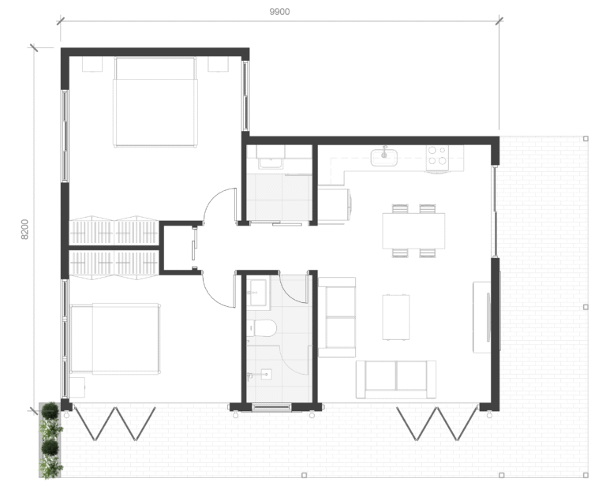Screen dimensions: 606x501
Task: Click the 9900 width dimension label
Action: pos(279,12)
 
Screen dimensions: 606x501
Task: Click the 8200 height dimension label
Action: pos(24,230)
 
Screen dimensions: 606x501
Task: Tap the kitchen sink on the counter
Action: pos(384,157)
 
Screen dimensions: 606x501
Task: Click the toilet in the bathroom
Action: pos(262,328)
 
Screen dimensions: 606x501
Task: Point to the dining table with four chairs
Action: pos(413,231)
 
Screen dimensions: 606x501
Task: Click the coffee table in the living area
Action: pos(396,317)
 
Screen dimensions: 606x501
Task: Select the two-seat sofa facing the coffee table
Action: pos(396,379)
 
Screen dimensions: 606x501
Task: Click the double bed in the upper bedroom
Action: pos(155,102)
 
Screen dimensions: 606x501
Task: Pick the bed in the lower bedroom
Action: pos(115,339)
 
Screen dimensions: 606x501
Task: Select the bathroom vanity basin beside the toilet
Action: pos(258,293)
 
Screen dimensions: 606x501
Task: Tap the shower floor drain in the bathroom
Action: pos(267,374)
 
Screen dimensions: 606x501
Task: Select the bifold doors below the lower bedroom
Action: pos(114,424)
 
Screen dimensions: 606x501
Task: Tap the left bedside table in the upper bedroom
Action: pos(92,64)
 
